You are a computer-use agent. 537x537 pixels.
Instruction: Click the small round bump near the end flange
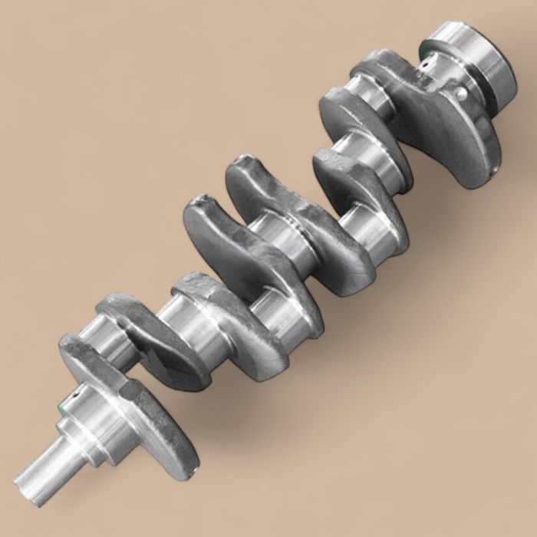click(x=461, y=94)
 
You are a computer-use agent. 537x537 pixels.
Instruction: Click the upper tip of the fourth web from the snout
click(x=199, y=203)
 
